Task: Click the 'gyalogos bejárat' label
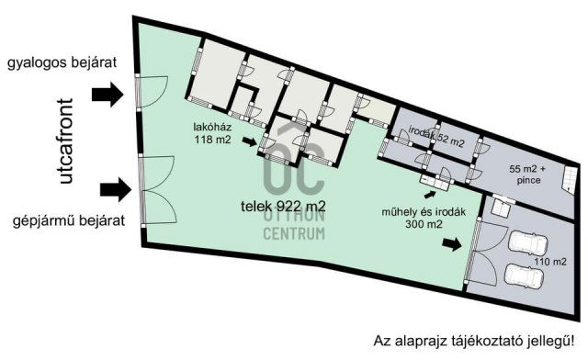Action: [62, 63]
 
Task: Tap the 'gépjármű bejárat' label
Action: [69, 220]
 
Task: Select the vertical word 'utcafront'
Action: [66, 141]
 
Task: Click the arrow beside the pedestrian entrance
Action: [107, 94]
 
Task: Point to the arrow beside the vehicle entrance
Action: [116, 189]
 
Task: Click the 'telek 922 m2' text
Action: [283, 206]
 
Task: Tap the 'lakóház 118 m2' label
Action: [212, 133]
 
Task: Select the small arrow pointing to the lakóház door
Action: [249, 141]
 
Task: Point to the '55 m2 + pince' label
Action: [528, 174]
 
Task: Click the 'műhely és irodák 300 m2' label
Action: [424, 218]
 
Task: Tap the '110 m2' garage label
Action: [549, 262]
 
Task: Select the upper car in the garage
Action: [527, 243]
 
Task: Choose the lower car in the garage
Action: [524, 276]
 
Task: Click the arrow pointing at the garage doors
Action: [452, 243]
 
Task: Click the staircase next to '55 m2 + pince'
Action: [569, 180]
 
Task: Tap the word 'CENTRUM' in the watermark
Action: [294, 233]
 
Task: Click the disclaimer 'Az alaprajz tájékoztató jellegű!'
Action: [474, 342]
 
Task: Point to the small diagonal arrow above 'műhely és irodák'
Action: [430, 195]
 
